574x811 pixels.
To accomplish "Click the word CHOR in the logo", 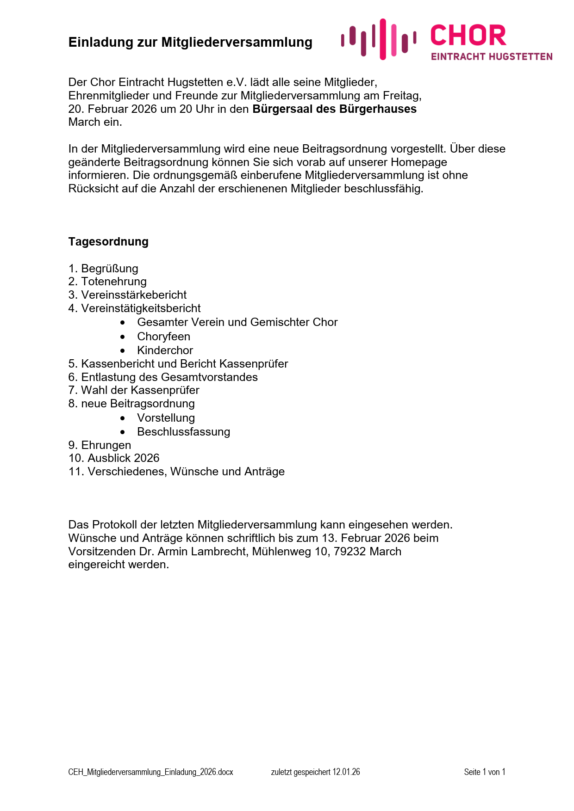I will pos(468,36).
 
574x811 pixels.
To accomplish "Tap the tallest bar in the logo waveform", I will pos(383,39).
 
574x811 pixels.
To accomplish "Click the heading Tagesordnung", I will pos(108,242).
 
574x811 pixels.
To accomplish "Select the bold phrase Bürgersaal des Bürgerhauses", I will pos(334,109).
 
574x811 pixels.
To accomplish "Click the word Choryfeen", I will pos(163,337).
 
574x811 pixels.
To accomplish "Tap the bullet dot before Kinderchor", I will pos(123,350).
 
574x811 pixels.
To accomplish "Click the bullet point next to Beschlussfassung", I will pos(123,432).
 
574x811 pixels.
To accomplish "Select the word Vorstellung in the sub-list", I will pos(166,418).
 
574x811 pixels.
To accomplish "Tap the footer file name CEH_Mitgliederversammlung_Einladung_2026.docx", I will pos(150,772).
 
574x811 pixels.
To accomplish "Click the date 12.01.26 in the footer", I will pos(346,772).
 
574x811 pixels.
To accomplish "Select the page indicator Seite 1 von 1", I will pos(484,772).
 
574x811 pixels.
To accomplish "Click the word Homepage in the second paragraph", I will pos(418,162).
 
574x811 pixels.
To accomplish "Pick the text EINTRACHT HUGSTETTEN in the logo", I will pos(492,56).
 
